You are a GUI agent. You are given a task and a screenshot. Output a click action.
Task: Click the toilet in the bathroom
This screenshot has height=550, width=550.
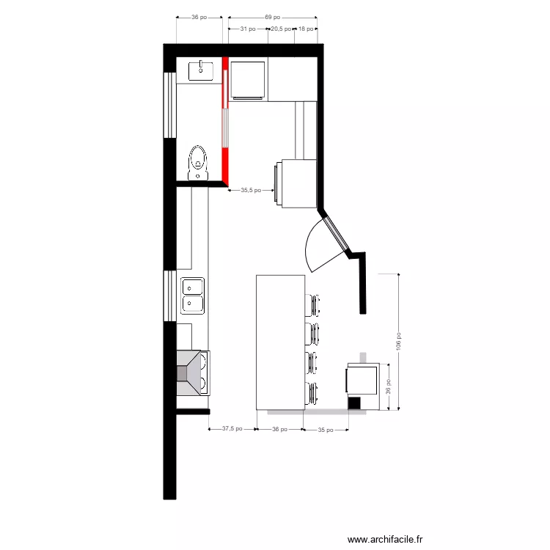(197, 162)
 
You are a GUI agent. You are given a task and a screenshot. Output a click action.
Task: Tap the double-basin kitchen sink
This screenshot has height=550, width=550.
(194, 295)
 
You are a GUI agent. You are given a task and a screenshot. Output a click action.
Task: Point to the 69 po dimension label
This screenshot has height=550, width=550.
(272, 17)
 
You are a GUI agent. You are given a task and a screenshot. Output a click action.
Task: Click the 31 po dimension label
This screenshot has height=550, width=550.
(248, 29)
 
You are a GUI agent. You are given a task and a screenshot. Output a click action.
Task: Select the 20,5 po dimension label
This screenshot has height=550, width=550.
(281, 29)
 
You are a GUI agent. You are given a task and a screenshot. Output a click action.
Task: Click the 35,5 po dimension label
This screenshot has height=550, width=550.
(252, 190)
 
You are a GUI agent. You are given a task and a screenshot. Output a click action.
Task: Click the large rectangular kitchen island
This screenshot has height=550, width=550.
(280, 342)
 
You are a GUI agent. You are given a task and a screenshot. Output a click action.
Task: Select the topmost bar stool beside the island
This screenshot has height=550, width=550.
(313, 304)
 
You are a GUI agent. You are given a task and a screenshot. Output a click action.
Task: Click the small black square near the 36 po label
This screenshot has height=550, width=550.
(354, 403)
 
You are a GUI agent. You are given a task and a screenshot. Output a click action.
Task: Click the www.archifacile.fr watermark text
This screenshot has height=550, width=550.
(385, 539)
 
